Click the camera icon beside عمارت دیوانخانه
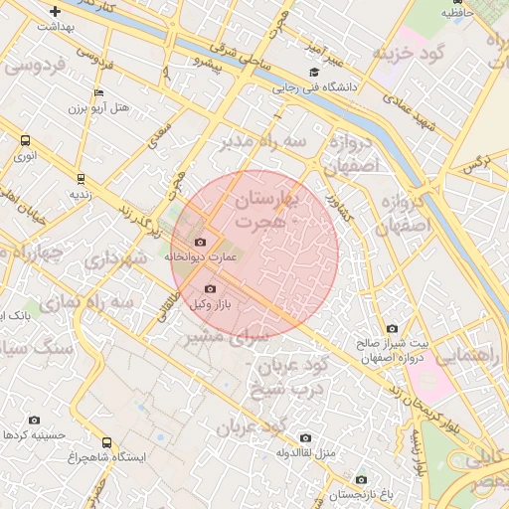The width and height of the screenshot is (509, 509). pyautogui.click(x=201, y=243)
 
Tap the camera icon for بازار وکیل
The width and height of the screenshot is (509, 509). pyautogui.click(x=209, y=289)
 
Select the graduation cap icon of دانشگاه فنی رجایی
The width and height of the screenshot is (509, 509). pyautogui.click(x=315, y=73)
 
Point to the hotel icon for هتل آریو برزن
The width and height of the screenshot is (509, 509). pyautogui.click(x=97, y=93)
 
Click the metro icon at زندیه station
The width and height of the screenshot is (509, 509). pyautogui.click(x=80, y=180)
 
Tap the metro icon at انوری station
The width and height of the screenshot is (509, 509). pyautogui.click(x=22, y=142)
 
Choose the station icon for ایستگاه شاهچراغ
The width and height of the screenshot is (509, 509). pyautogui.click(x=106, y=443)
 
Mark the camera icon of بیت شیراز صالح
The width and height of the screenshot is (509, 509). pyautogui.click(x=392, y=329)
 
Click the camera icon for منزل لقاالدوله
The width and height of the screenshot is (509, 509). pyautogui.click(x=305, y=438)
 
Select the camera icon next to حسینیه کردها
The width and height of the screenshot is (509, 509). pyautogui.click(x=35, y=421)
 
